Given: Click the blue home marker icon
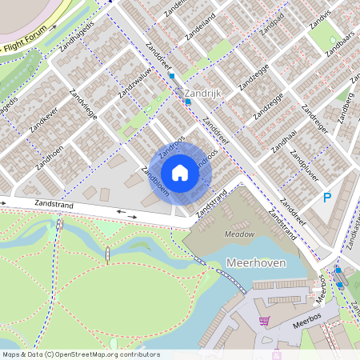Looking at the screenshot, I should [180, 173].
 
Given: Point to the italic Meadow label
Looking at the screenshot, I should [238, 234].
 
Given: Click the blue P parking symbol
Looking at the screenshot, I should [326, 197].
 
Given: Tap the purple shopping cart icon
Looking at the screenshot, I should [264, 321].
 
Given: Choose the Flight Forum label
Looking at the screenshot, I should [25, 48].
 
